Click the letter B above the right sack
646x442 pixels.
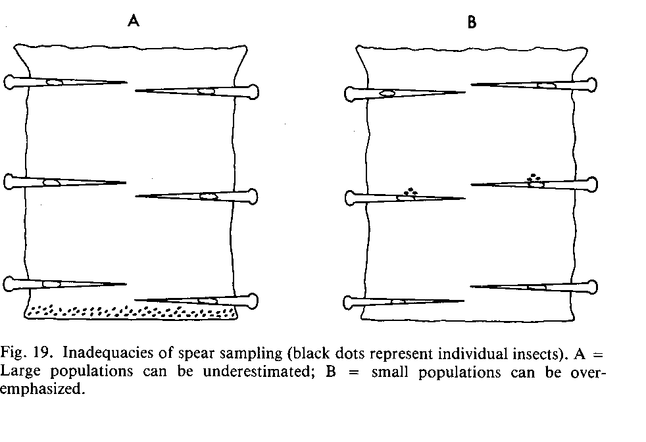click(472, 22)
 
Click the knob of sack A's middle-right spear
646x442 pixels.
click(253, 195)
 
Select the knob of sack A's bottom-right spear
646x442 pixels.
click(252, 301)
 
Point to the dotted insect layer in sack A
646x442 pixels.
click(132, 310)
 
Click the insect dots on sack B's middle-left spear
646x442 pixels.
click(412, 191)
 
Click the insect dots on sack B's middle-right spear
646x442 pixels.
click(534, 177)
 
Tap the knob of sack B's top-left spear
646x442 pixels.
click(351, 93)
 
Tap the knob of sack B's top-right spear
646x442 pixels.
click(593, 84)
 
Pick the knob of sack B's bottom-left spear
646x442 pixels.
click(351, 303)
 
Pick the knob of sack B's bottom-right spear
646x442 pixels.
click(593, 286)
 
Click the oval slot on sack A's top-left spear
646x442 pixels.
click(54, 82)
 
